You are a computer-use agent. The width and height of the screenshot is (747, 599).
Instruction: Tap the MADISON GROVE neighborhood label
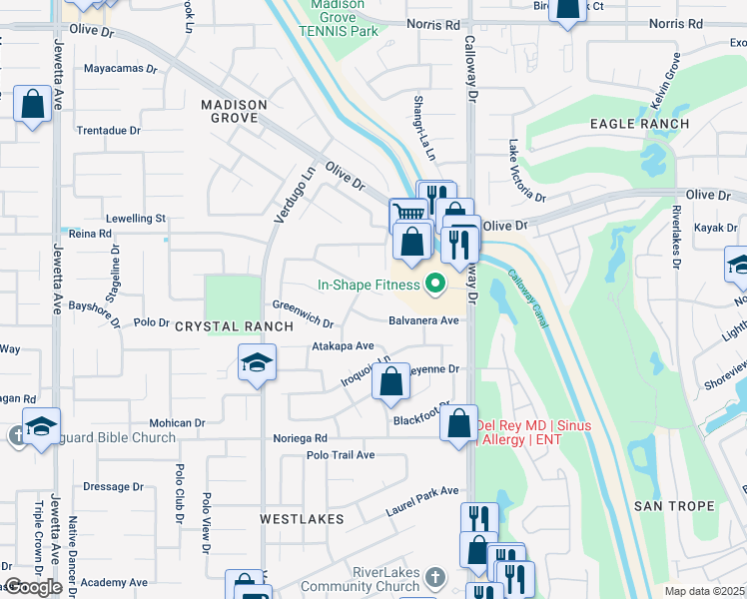[x=234, y=111]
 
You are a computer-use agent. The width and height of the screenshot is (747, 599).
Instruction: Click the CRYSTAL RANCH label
[x=221, y=326]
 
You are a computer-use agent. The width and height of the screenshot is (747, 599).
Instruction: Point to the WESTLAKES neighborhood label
[x=302, y=519]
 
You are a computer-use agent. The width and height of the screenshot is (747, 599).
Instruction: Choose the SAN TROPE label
[x=674, y=506]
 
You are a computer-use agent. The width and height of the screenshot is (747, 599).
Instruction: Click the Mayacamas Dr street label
[x=121, y=70]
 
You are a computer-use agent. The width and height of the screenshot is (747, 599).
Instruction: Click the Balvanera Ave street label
[x=423, y=320]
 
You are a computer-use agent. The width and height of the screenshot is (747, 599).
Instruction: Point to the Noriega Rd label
[x=301, y=438]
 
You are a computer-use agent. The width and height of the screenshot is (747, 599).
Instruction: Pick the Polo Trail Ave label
[x=341, y=455]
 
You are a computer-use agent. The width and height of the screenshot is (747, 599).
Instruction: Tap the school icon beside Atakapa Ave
[x=257, y=362]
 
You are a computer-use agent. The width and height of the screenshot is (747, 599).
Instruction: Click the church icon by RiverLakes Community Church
[x=433, y=577]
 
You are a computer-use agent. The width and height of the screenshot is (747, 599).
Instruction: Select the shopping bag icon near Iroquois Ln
[x=390, y=379]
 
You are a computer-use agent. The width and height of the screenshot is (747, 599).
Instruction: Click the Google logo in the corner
[x=32, y=587]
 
